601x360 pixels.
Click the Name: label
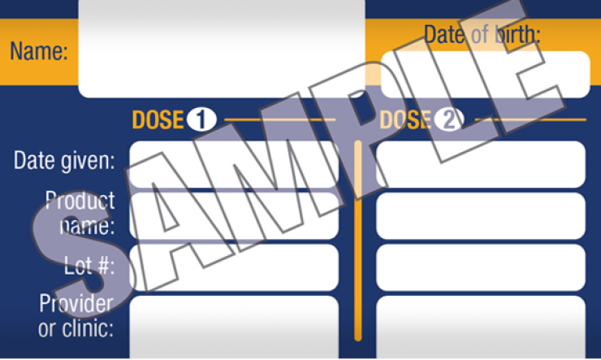click(39, 51)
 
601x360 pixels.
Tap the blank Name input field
click(222, 49)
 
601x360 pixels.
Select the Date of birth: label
click(482, 34)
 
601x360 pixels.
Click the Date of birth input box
click(485, 75)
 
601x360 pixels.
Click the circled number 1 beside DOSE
click(201, 119)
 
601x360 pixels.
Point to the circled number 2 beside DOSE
click(449, 119)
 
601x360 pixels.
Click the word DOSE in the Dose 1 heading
click(158, 119)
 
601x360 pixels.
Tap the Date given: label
click(64, 160)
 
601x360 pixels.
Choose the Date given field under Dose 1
click(234, 164)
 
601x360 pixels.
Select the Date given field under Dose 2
click(481, 164)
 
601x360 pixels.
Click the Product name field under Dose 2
click(481, 216)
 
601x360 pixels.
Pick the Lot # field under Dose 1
click(234, 267)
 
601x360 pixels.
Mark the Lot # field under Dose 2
click(481, 267)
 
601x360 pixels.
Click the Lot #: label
click(89, 265)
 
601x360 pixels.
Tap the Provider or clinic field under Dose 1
click(234, 327)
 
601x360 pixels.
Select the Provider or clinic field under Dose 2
click(481, 327)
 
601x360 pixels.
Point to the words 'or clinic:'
click(76, 328)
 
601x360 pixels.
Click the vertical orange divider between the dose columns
click(358, 241)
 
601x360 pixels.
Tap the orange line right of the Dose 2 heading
click(530, 119)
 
